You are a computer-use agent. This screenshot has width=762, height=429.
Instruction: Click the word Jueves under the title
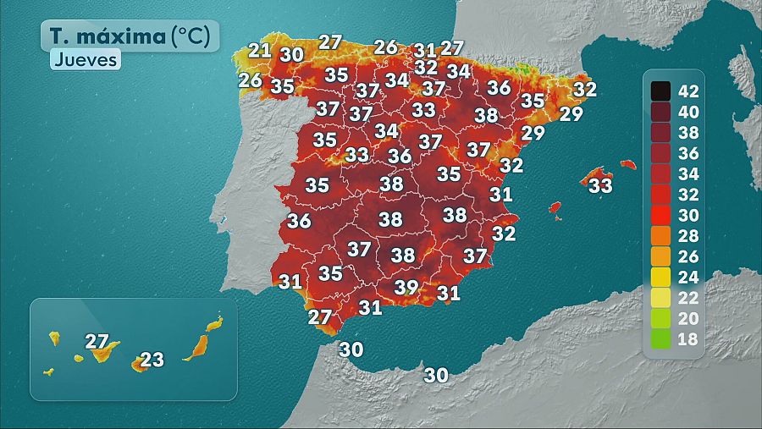tap(85, 60)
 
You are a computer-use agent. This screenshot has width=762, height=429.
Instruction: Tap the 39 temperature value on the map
tap(406, 287)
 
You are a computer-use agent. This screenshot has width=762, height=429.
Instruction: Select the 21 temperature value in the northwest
tap(260, 50)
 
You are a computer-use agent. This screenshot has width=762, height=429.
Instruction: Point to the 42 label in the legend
tap(688, 90)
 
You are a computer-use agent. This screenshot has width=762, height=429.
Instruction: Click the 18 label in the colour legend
tap(688, 340)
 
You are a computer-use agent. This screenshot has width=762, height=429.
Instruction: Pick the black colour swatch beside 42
tap(660, 90)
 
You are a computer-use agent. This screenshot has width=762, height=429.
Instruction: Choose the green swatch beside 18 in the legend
tap(660, 340)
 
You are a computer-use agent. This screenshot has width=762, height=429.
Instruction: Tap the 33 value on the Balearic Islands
tap(600, 184)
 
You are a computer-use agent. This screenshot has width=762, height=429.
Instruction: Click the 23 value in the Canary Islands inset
tap(152, 360)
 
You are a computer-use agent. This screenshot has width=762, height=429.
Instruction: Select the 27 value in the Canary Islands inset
tap(97, 342)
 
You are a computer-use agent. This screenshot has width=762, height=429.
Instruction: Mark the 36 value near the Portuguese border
tap(299, 221)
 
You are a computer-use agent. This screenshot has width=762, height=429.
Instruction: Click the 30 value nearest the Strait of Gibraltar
tap(351, 348)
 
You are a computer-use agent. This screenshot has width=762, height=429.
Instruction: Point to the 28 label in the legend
tap(688, 236)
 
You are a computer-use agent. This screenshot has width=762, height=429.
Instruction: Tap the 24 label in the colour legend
tap(688, 278)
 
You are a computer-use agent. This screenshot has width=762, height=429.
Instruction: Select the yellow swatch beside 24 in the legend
tap(660, 278)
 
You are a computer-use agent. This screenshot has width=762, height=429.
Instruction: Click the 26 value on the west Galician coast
tap(250, 80)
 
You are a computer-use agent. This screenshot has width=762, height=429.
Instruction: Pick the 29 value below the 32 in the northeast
tap(571, 113)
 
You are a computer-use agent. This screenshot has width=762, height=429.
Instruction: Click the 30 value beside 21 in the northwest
tap(292, 54)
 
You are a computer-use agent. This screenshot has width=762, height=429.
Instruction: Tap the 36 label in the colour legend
tap(688, 152)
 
